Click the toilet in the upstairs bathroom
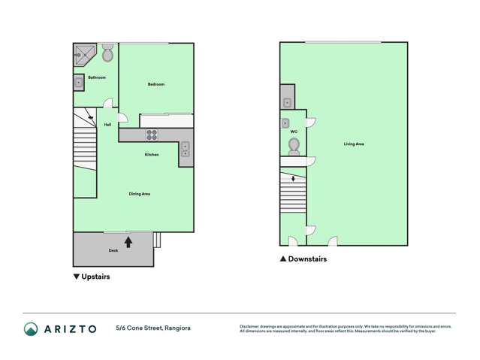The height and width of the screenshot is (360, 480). [107, 54]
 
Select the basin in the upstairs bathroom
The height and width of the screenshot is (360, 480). [79, 83]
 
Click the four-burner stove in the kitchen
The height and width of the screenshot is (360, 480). [152, 135]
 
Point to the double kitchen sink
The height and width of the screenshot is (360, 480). [185, 149]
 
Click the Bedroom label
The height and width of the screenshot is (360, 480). [155, 84]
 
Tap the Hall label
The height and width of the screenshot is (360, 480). [107, 124]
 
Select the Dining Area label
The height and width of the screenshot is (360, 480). [140, 194]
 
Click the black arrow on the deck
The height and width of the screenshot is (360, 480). [128, 242]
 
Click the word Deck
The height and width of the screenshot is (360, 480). [113, 250]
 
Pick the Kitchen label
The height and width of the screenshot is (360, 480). [152, 155]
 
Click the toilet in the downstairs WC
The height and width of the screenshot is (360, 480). [294, 145]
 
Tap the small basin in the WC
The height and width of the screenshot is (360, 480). [285, 123]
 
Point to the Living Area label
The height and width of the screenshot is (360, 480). [354, 144]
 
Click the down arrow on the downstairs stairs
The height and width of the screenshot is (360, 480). [293, 178]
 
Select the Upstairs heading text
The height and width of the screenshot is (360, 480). [95, 277]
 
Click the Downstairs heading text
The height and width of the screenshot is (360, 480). [307, 259]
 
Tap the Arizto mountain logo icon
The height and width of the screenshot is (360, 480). [31, 328]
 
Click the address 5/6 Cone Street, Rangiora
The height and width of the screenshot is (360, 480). [155, 328]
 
